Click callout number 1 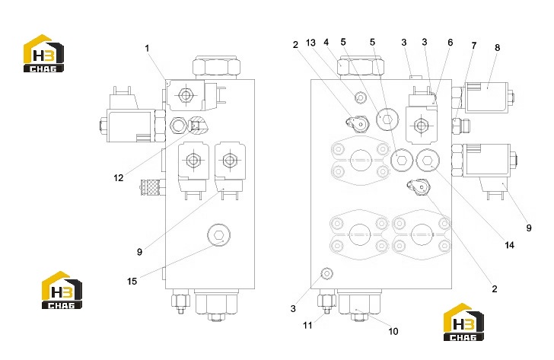tap(148, 48)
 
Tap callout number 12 tap(119, 177)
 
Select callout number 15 tap(132, 281)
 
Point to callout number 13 tap(310, 43)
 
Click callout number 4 tap(326, 43)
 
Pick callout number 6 tap(451, 43)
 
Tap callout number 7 tap(474, 45)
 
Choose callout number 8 tap(497, 47)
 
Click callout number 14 tap(509, 245)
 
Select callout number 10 tap(393, 331)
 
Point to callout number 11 tap(307, 325)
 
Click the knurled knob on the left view tap(153, 187)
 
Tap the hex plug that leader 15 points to tap(218, 235)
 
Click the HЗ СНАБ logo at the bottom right tap(463, 322)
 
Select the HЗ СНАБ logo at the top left tap(43, 53)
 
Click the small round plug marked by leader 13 tap(360, 97)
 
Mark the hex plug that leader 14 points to tap(428, 161)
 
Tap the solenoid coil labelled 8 tap(486, 97)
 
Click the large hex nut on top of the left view tap(217, 65)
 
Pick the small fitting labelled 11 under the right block tap(326, 302)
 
